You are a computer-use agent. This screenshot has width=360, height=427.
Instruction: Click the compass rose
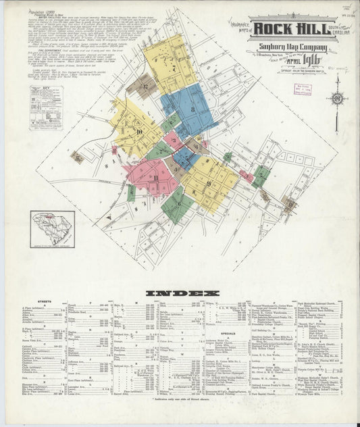coord(336,99)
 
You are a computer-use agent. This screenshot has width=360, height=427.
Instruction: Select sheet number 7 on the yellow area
coord(174,68)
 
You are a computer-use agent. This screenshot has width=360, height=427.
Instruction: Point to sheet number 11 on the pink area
coord(155,178)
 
